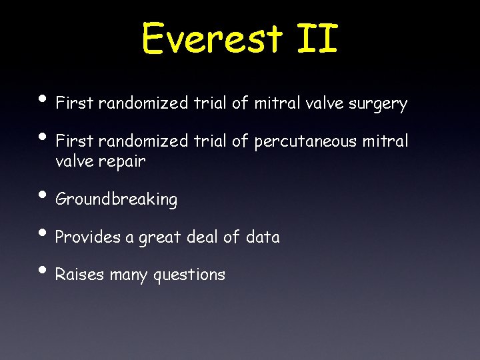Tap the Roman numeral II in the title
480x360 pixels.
316,38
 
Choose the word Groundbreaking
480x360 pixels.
117,199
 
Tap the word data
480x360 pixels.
263,237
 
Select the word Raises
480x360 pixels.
79,275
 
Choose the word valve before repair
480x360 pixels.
75,161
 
